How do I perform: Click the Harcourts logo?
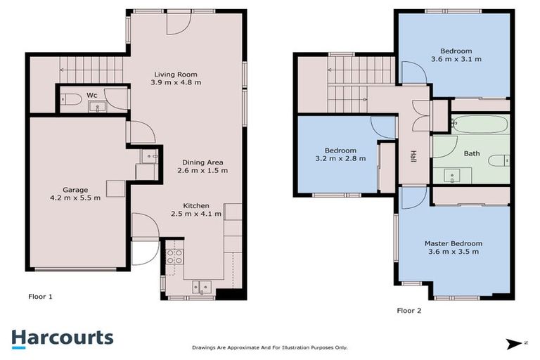tap(62, 337)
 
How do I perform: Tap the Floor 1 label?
tap(40, 297)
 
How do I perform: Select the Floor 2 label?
tap(409, 310)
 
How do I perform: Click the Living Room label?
tap(176, 74)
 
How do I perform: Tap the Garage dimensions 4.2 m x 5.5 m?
tap(76, 198)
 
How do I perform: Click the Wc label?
tap(92, 94)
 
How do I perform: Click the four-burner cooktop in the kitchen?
tap(174, 256)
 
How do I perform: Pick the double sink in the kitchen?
tap(201, 286)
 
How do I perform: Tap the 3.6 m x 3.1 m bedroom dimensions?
tap(456, 60)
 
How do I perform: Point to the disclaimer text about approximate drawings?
tap(269, 347)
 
